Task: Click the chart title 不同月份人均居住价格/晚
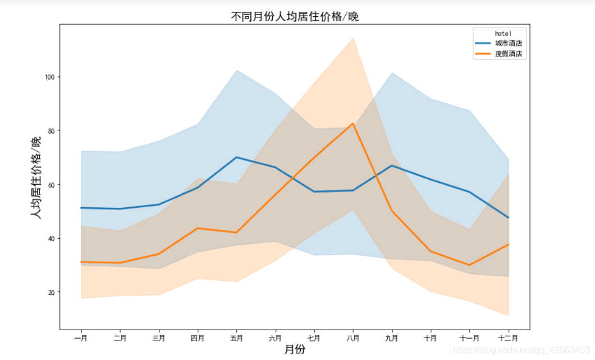point(295,16)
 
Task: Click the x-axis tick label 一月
point(81,338)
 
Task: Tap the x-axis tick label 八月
point(353,338)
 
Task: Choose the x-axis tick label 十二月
point(508,338)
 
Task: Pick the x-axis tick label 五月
point(236,338)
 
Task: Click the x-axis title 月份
point(295,349)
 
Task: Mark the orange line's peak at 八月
point(353,124)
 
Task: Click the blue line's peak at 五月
point(236,157)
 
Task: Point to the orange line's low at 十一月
point(469,265)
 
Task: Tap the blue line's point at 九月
point(392,166)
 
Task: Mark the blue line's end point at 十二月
point(508,217)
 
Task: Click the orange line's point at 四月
point(198,228)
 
